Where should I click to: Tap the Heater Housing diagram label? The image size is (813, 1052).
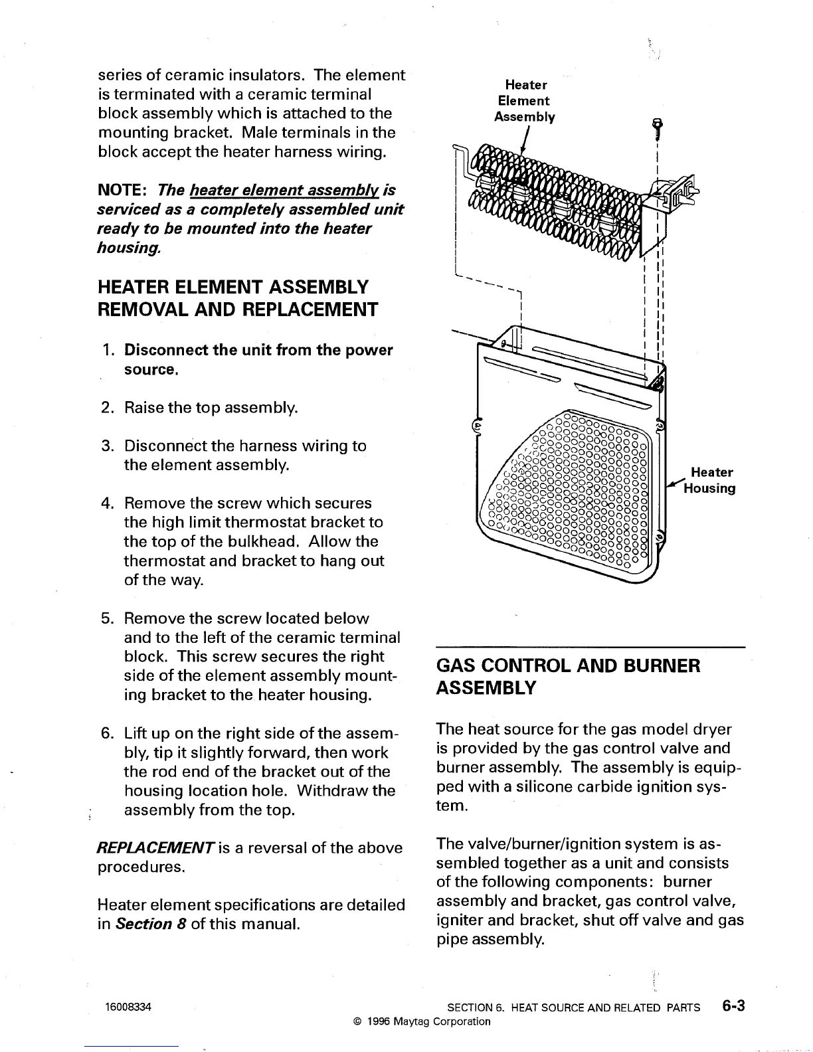coord(712,480)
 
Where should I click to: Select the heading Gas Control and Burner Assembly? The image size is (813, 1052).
coord(568,676)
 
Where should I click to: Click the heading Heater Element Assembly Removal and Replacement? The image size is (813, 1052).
coord(237,298)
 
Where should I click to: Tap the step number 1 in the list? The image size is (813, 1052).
coord(108,350)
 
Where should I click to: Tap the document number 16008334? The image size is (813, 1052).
coord(128,1007)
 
